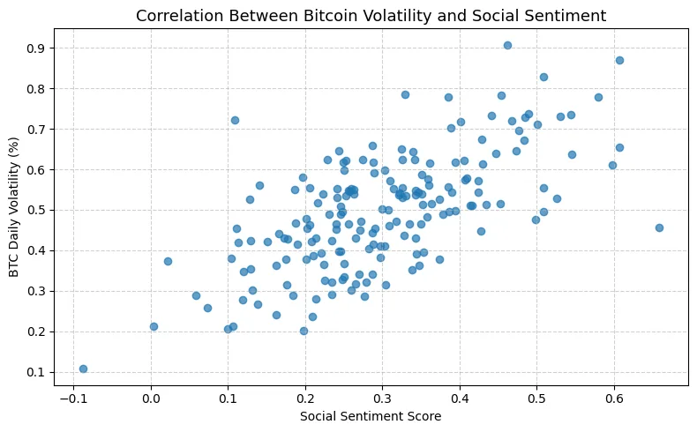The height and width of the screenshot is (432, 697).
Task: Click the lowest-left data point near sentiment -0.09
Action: coord(83,369)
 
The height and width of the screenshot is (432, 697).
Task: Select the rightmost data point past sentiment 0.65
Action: coord(659,227)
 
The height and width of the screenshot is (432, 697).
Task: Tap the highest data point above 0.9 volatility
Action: coord(507,45)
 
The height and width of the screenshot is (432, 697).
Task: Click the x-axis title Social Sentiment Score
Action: coord(371,416)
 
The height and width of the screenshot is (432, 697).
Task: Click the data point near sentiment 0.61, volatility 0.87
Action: coord(619,60)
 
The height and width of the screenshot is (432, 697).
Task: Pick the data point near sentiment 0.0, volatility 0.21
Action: coord(154,326)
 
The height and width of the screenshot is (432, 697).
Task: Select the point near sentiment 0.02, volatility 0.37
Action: coord(168,261)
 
